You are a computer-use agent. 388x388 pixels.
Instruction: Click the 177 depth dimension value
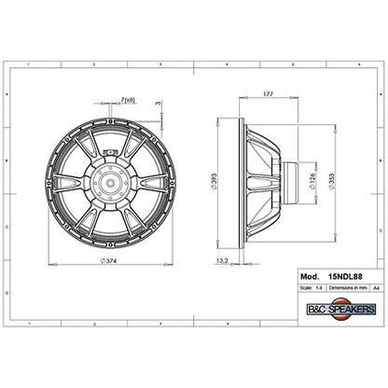[x=268, y=94]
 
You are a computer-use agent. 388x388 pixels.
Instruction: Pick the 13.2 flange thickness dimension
[x=223, y=262]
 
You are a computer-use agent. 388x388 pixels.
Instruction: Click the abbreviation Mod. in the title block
[x=309, y=277]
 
